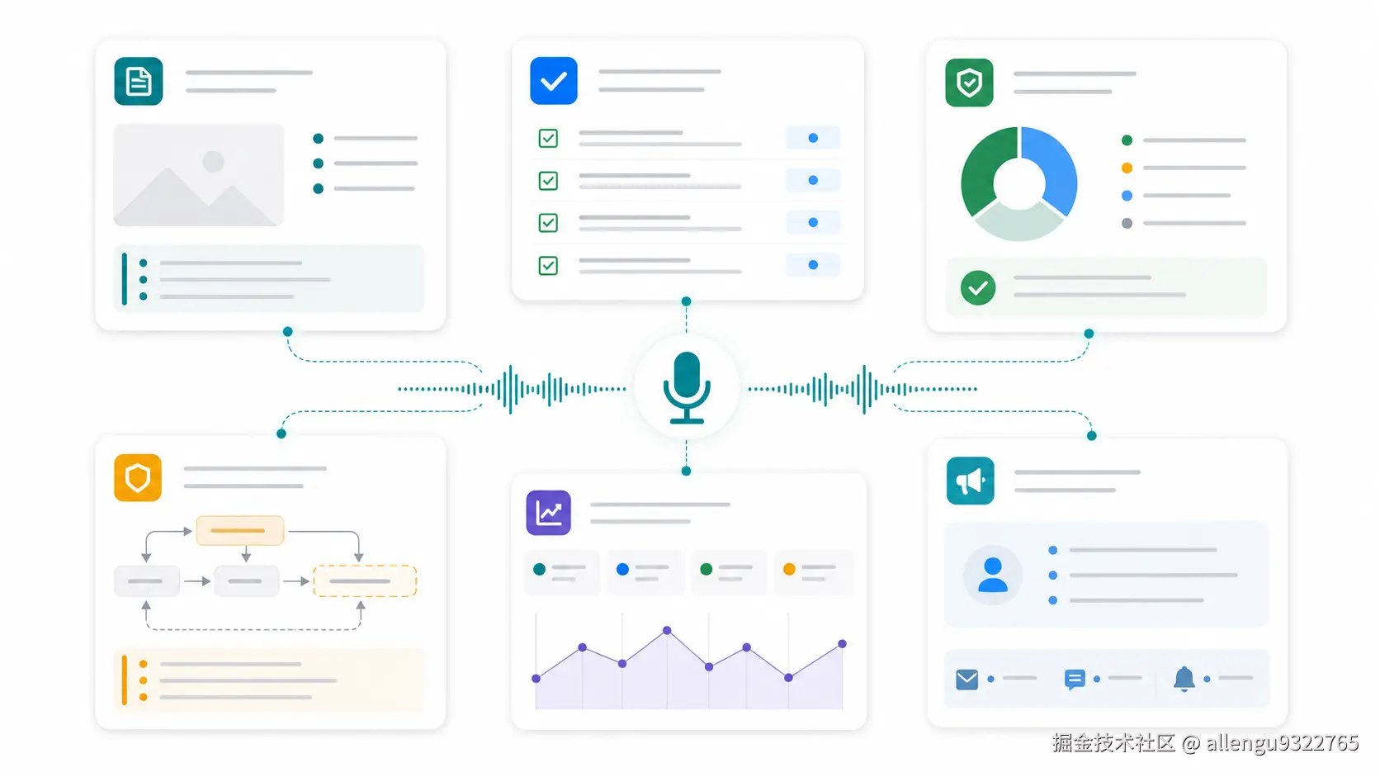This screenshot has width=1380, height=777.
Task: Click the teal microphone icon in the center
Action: point(687,387)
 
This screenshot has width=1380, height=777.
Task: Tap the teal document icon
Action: point(139,82)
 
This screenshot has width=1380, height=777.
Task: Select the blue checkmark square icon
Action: point(554,81)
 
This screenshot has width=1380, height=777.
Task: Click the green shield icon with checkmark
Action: point(969,83)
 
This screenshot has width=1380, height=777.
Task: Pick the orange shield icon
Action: point(138,477)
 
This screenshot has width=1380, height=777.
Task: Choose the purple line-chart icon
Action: point(548,513)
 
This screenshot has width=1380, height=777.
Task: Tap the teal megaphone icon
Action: point(971,481)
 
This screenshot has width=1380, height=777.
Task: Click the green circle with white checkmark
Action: point(978,287)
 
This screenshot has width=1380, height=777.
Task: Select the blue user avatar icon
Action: point(992,575)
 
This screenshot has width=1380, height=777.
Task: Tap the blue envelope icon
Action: point(966,679)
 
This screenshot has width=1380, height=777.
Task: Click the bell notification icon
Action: point(1184,679)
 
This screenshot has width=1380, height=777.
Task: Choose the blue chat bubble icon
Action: point(1075,679)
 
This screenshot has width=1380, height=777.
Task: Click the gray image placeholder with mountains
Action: point(198,175)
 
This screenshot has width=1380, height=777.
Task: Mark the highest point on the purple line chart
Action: point(667,630)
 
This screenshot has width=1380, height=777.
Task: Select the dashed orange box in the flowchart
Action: point(365,581)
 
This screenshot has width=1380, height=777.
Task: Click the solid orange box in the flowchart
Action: point(239,531)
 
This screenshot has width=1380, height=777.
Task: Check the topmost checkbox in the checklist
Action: point(548,138)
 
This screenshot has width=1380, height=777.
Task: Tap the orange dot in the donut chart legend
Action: point(1127,168)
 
